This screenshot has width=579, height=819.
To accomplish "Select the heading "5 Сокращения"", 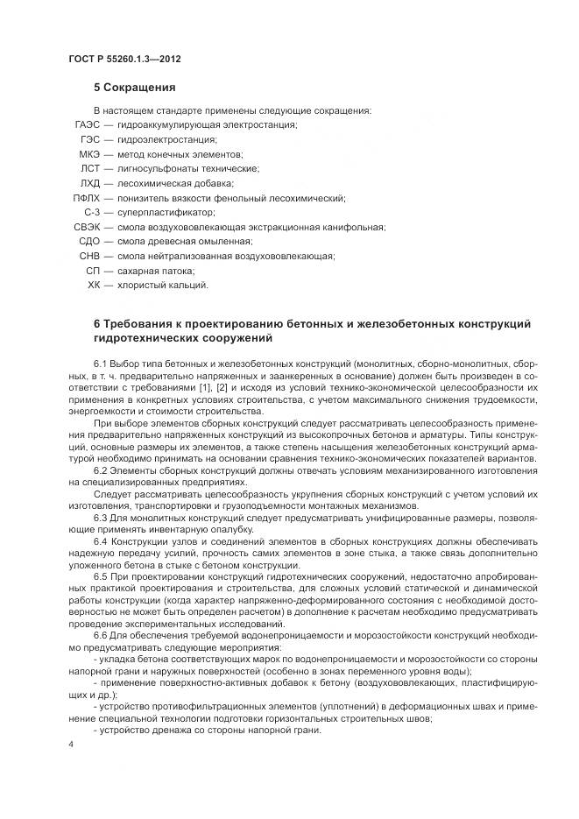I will click(135, 88).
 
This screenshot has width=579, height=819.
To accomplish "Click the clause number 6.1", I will click(101, 363).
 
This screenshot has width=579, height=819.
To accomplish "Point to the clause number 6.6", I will click(101, 633).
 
